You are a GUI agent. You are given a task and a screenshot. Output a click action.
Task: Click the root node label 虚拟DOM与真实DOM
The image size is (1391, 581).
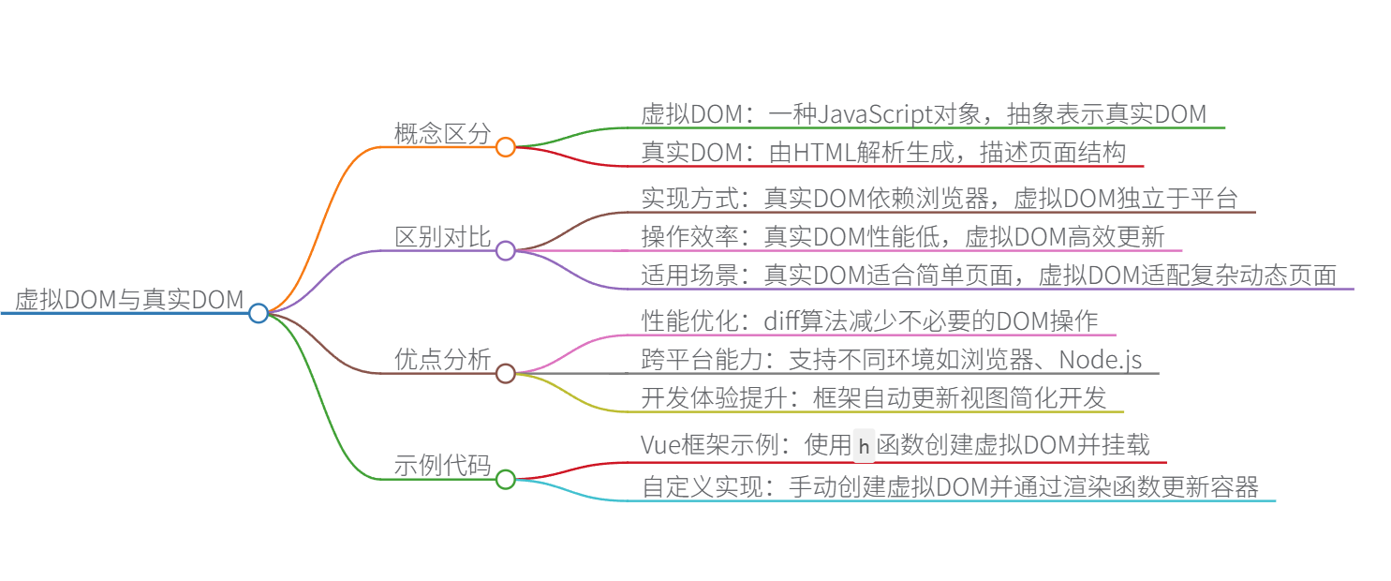[x=129, y=299]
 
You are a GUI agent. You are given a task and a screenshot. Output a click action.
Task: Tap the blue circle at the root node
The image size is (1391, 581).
[x=259, y=313]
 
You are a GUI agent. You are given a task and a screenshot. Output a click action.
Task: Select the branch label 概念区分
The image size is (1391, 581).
[x=442, y=133]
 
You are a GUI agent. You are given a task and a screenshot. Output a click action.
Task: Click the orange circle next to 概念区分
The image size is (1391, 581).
[x=506, y=147]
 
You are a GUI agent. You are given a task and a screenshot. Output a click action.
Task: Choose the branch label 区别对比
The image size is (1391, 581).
[x=442, y=237]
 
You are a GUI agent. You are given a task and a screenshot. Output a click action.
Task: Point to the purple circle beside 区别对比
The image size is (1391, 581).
[x=506, y=250]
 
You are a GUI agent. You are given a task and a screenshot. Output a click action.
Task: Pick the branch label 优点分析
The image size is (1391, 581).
[x=442, y=360]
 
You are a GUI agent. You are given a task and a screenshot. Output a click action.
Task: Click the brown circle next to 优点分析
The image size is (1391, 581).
[x=506, y=374]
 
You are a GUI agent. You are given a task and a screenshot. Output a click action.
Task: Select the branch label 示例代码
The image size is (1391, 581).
[x=442, y=466]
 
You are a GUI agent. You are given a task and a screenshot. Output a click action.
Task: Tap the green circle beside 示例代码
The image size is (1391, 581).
[x=506, y=480]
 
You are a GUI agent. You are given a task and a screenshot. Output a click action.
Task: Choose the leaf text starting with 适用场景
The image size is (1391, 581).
[x=988, y=275]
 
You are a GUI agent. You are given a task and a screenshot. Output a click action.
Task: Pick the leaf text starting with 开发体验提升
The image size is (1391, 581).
[x=873, y=397]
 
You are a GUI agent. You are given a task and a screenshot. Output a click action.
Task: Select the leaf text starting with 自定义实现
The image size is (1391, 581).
[x=950, y=487]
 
